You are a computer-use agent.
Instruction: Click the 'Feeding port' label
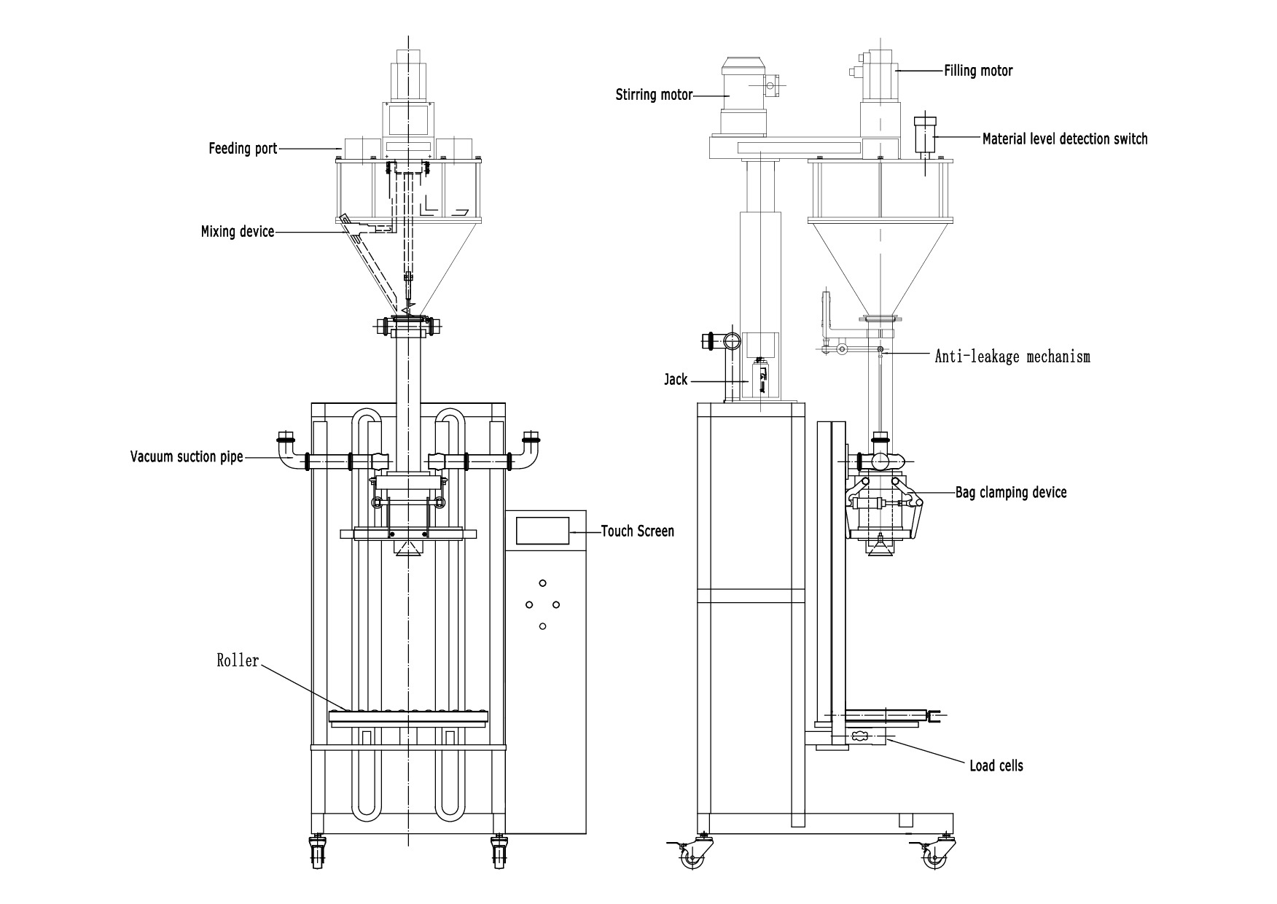point(243,149)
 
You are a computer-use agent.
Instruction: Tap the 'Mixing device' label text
point(238,232)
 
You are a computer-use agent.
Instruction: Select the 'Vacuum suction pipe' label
point(186,457)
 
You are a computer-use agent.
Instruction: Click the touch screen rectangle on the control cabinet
point(543,530)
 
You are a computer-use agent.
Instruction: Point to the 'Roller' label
point(238,661)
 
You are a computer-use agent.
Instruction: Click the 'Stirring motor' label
point(654,95)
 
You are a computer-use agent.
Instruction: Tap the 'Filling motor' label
point(978,71)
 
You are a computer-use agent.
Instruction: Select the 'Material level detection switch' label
point(1064,139)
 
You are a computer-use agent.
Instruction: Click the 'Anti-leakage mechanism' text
point(1012,356)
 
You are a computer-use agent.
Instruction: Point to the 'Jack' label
point(676,380)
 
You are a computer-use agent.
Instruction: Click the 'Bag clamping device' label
point(1011,492)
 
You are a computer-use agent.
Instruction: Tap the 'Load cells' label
point(996,765)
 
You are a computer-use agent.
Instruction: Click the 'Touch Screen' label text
point(637,531)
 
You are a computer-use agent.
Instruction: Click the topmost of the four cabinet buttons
point(542,582)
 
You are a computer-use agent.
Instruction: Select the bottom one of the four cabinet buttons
point(542,626)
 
